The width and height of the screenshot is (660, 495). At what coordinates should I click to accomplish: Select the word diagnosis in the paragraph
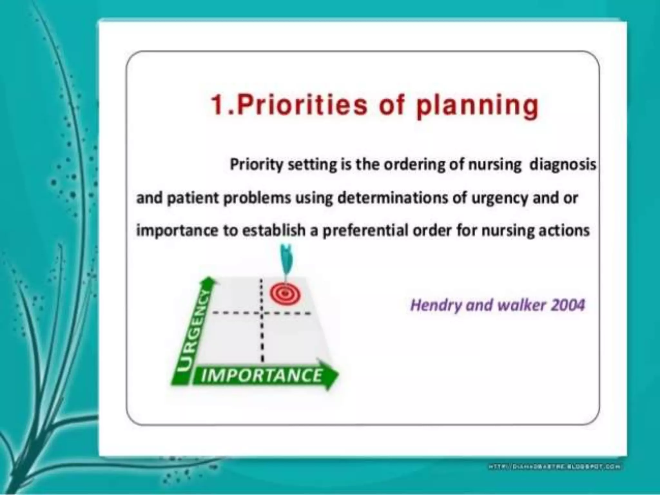[x=563, y=165]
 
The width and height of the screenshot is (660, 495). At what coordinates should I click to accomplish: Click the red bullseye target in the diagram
[x=285, y=294]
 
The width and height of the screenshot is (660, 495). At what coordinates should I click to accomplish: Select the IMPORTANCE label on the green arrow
[x=261, y=376]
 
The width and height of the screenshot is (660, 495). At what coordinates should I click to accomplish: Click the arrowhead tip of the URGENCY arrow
[x=210, y=280]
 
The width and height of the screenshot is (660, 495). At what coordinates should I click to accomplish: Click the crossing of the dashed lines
[x=262, y=313]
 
